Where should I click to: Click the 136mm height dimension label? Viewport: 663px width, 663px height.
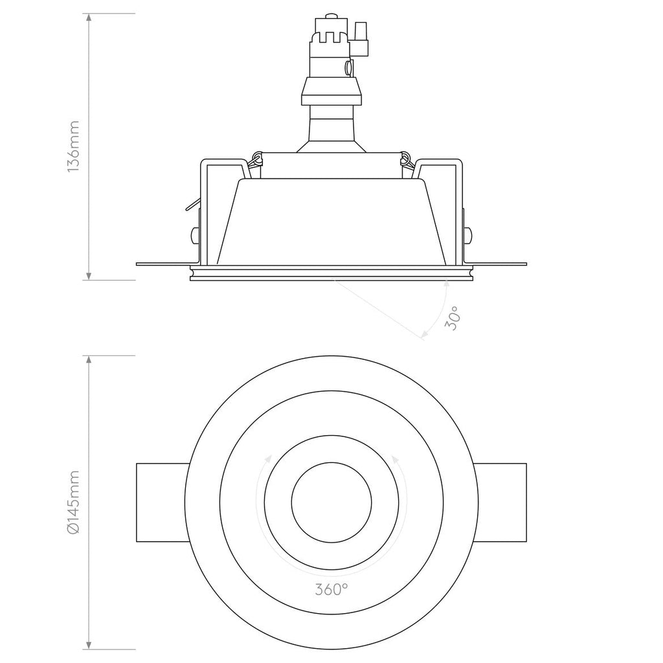point(73,145)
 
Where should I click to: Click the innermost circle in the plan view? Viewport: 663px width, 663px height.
point(331,502)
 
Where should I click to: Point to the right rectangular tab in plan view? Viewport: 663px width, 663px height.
point(502,502)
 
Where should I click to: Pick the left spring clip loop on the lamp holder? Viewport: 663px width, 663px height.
point(258,157)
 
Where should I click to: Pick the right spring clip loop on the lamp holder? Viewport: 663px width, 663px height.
point(406,157)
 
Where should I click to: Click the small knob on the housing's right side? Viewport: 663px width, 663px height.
point(468,234)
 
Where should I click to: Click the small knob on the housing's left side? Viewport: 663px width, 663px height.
point(195,234)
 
